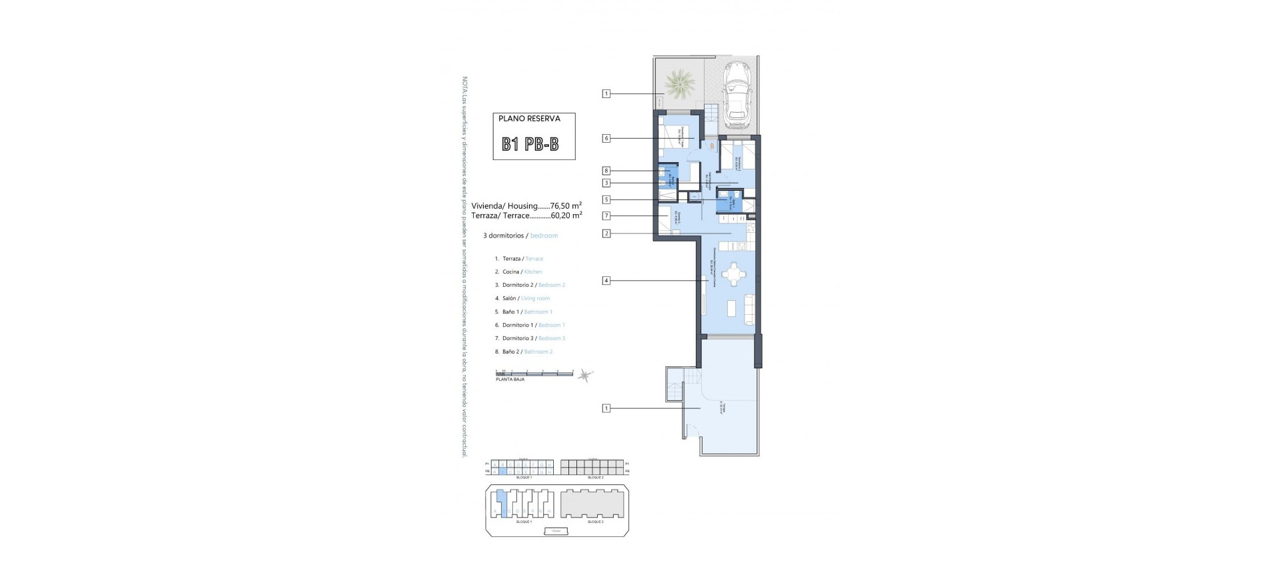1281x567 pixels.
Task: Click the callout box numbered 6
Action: click(606, 139)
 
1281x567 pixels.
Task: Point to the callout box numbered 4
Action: click(606, 281)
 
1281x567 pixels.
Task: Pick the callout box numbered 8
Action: click(606, 171)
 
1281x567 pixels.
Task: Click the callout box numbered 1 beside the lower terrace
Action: click(606, 408)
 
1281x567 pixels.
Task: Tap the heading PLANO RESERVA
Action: click(529, 118)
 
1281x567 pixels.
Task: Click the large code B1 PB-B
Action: click(530, 144)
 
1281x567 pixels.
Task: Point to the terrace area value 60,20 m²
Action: click(566, 215)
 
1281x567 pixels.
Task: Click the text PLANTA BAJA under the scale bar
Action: click(510, 379)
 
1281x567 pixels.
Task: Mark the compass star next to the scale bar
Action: click(584, 375)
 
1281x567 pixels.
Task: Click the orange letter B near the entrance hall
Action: click(712, 145)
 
